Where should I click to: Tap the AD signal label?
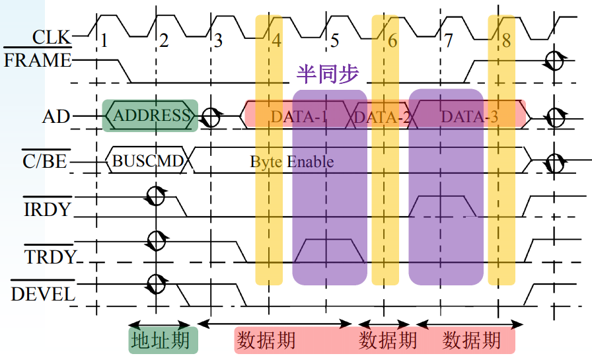click(56, 117)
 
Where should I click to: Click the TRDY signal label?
click(50, 256)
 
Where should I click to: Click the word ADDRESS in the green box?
click(151, 116)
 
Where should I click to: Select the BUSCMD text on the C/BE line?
click(149, 161)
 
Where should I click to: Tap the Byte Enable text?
click(291, 162)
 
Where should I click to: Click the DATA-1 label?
click(299, 117)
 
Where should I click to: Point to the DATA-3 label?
click(470, 117)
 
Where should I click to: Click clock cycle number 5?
click(334, 41)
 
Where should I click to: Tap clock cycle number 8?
click(506, 40)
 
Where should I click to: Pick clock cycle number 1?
click(104, 41)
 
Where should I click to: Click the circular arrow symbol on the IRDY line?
click(156, 196)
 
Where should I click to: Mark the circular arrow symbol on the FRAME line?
click(553, 61)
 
